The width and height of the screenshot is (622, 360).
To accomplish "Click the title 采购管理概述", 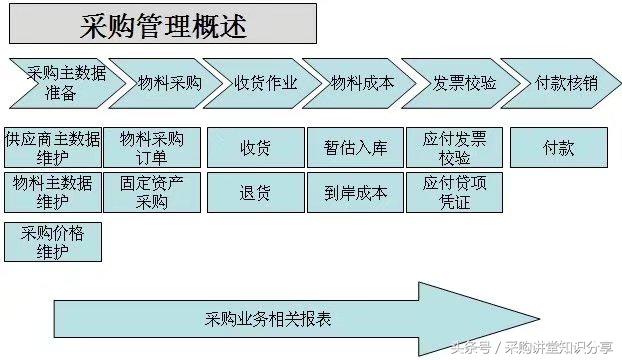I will click(x=164, y=23).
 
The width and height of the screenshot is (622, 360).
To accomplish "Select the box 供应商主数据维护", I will click(x=53, y=147).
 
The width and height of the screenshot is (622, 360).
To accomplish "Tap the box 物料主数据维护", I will click(x=53, y=192).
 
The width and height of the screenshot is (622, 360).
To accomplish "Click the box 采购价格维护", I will click(x=53, y=241).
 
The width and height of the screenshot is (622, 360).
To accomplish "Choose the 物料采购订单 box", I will click(x=152, y=147).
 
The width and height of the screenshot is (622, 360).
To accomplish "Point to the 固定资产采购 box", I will click(x=152, y=192).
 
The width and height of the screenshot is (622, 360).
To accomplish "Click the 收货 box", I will click(x=254, y=147).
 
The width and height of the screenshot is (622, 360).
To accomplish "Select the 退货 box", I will click(x=254, y=192).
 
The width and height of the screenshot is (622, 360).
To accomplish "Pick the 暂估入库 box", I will click(x=354, y=147).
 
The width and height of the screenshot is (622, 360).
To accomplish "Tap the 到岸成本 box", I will click(x=354, y=192).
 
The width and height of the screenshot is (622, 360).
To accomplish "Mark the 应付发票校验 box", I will click(x=454, y=147).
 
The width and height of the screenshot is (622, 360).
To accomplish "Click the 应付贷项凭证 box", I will click(x=454, y=192).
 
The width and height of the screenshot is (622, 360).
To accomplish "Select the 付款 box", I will click(x=558, y=147).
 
